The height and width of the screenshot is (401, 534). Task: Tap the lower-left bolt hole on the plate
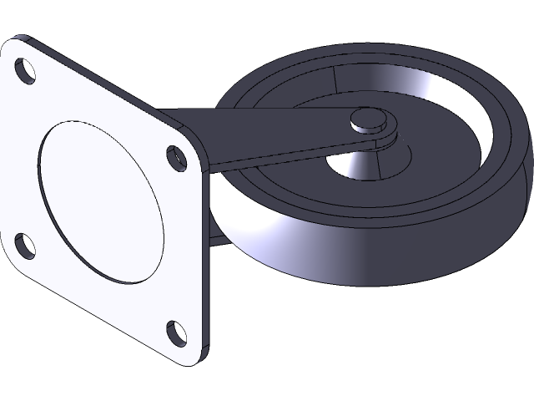tap(24, 245)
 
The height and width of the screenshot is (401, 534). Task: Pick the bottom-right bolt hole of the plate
tap(177, 332)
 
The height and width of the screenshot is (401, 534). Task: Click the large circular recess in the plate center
tap(100, 200)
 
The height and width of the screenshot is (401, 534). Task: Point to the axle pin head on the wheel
tap(365, 120)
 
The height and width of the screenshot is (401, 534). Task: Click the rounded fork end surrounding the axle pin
tap(385, 134)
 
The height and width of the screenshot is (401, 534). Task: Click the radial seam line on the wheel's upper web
tap(333, 79)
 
